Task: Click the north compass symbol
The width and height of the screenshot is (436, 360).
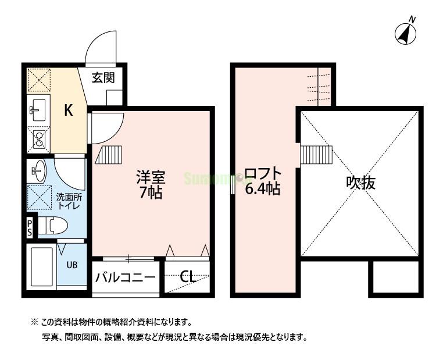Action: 408,33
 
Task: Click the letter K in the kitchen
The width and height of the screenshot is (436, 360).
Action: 67,111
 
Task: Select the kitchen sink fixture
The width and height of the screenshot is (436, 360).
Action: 38,108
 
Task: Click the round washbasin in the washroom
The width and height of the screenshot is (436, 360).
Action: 38,170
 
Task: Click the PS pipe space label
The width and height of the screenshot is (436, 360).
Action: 29,227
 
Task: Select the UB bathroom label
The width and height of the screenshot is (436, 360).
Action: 72,265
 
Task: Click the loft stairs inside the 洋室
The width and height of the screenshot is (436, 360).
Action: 110,155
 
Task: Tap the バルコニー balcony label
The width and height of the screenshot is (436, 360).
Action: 125,277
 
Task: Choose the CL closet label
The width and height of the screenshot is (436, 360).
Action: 187,277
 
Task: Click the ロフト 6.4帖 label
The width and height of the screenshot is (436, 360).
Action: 262,181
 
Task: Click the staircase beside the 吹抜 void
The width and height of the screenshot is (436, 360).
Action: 316,155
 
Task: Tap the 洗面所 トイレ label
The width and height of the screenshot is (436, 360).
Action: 68,201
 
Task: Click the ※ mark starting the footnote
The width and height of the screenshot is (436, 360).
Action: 34,322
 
